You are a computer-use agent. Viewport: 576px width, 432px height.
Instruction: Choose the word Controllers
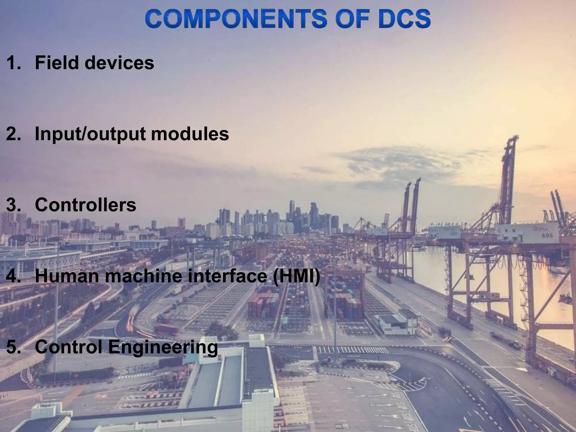point(85,205)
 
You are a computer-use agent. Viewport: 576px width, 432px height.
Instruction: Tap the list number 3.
point(13,205)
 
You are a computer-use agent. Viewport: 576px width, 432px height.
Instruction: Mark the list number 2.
point(13,134)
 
